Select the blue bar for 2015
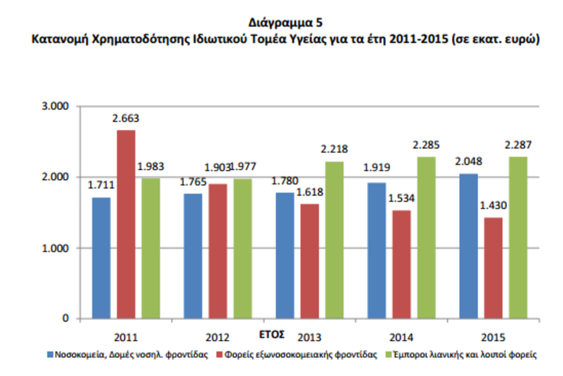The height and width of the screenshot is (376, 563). point(468,246)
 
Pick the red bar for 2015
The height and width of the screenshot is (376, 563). point(494,268)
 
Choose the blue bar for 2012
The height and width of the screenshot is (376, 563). point(193,256)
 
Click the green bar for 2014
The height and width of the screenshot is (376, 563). point(426,238)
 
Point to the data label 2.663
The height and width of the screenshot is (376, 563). point(125,119)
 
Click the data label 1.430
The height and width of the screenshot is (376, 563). point(494,206)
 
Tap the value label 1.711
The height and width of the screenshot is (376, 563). point(101,186)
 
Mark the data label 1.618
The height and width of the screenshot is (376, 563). point(310,192)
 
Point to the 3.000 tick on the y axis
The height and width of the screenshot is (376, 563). point(56,106)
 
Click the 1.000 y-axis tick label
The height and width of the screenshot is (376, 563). point(56,248)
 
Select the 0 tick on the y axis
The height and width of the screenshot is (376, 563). point(66,319)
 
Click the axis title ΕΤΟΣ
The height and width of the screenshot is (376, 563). point(272,334)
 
